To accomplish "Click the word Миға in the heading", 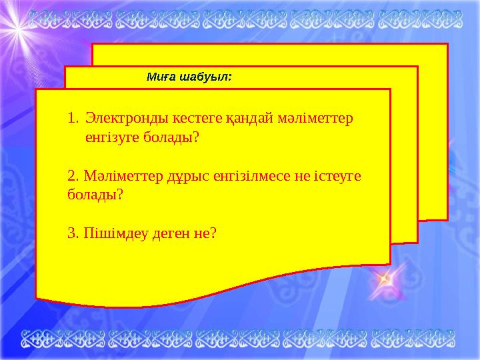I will tap(159, 77).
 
